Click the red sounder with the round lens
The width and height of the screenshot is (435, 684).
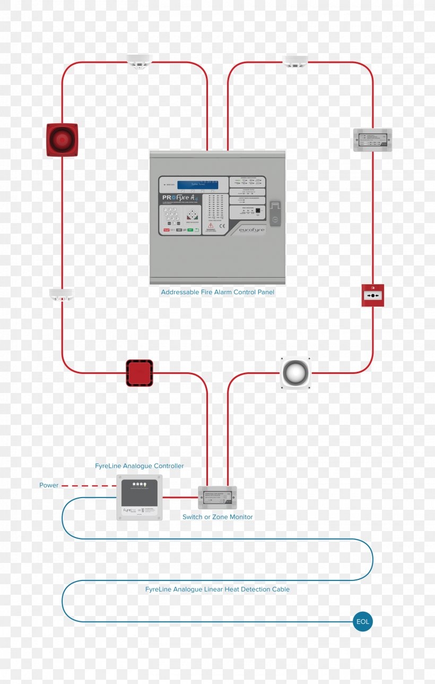pyautogui.click(x=62, y=140)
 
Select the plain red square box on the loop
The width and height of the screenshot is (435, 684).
pyautogui.click(x=140, y=373)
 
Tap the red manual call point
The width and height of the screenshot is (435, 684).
pyautogui.click(x=373, y=295)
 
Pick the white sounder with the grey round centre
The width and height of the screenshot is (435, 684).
pyautogui.click(x=295, y=373)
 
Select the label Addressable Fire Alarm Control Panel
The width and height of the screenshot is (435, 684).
pyautogui.click(x=217, y=292)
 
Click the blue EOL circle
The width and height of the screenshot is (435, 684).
pyautogui.click(x=363, y=622)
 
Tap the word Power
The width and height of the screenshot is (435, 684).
pyautogui.click(x=49, y=485)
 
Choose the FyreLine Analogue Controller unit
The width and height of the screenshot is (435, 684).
pyautogui.click(x=139, y=497)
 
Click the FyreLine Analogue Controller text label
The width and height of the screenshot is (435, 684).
pyautogui.click(x=140, y=466)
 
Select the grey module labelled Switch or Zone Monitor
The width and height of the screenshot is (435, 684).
pyautogui.click(x=217, y=498)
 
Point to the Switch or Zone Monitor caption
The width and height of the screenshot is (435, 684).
pyautogui.click(x=217, y=517)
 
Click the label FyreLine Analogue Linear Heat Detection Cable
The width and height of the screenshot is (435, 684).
pyautogui.click(x=217, y=589)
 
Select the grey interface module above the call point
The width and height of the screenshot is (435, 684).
pyautogui.click(x=372, y=140)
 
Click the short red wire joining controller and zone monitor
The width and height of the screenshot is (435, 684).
pyautogui.click(x=180, y=498)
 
